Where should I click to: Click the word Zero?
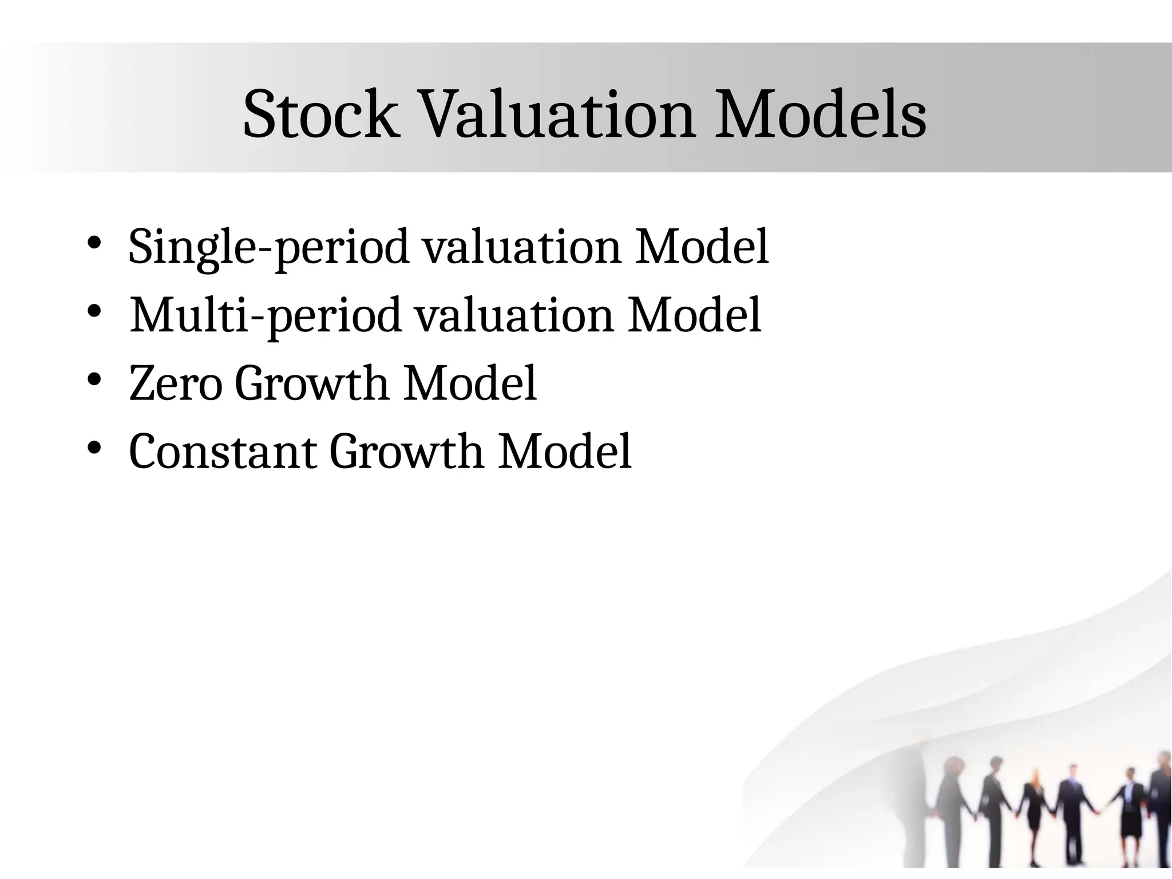[175, 383]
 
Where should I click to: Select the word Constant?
[223, 452]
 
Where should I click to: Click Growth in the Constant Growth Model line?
[406, 452]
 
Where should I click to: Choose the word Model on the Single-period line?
[702, 247]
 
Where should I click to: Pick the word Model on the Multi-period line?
[694, 316]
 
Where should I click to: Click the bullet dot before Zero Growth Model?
[94, 379]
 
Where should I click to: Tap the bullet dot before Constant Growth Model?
[94, 448]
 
